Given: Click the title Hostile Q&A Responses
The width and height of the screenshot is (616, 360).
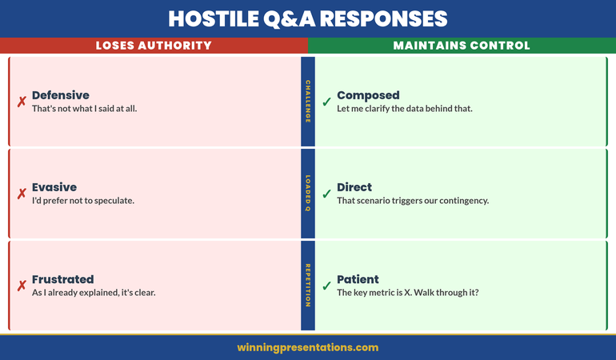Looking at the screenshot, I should (x=308, y=18).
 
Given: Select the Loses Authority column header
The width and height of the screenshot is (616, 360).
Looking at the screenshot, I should (x=154, y=46).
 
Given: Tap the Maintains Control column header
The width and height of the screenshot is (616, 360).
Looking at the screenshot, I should (x=462, y=46).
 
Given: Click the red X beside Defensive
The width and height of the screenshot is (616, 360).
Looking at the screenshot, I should (x=22, y=102).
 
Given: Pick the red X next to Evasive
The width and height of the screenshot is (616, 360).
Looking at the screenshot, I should (x=22, y=194).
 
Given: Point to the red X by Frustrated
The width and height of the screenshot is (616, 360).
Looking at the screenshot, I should (x=22, y=286).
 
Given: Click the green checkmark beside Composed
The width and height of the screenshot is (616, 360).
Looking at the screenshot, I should (x=326, y=102).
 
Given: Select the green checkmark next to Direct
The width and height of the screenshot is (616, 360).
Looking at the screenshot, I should (x=326, y=194).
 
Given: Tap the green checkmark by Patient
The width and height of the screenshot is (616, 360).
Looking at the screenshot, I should (x=326, y=286).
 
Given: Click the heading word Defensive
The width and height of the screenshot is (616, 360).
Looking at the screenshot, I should (x=60, y=95).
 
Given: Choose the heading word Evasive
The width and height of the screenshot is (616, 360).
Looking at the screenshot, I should (x=54, y=187).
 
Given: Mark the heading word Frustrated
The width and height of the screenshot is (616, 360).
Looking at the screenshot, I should (x=62, y=279).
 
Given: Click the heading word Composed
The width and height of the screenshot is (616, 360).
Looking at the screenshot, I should (x=368, y=95).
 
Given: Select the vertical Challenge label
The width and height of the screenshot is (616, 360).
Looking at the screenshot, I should (x=308, y=102).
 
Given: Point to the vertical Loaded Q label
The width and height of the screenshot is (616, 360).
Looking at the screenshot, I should (x=308, y=194).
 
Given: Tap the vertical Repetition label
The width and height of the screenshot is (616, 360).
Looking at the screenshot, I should (x=308, y=286).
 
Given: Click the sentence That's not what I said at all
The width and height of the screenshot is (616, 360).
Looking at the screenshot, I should (x=85, y=109).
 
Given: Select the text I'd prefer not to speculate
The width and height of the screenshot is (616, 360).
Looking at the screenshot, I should (x=83, y=201).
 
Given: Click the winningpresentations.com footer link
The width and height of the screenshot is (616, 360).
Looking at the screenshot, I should (x=308, y=347).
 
